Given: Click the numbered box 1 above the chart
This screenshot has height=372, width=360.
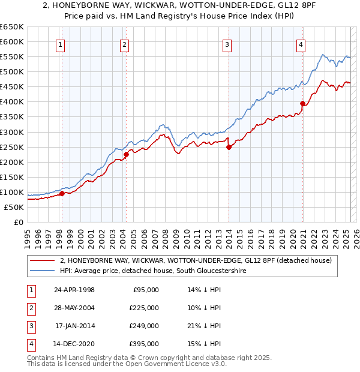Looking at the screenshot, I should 61,44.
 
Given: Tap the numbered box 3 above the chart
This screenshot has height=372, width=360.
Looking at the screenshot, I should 227,44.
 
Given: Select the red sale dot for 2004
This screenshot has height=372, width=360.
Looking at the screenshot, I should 126,154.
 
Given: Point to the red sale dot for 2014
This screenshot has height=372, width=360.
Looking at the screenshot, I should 229,147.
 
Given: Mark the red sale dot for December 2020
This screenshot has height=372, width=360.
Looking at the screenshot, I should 302,103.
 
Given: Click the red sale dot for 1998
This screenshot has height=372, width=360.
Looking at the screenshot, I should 62,193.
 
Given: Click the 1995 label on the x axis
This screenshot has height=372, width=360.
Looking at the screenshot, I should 28,235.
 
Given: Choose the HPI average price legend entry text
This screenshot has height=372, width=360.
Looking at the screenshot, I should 153,271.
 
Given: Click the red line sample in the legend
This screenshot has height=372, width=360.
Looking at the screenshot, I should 41,260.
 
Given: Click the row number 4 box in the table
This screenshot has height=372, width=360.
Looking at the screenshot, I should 30,344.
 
